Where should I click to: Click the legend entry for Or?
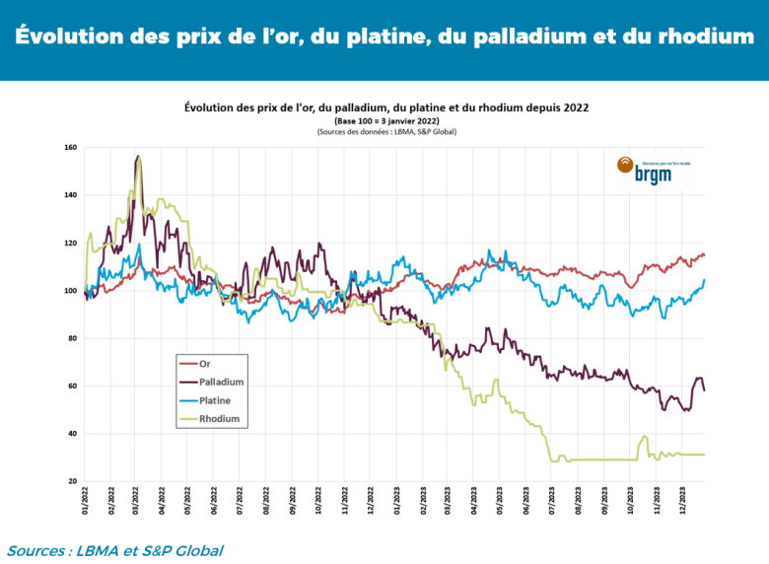coord(204,363)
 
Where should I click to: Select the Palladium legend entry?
coord(221,382)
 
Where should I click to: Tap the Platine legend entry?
coord(215,400)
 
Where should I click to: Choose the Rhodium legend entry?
coord(218,419)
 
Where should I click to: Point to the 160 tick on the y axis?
coord(70,148)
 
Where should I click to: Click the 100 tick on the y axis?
coord(70,291)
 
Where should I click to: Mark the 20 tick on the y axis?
coord(72,481)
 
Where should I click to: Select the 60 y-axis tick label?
coord(72,387)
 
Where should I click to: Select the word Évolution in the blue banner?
coord(67,37)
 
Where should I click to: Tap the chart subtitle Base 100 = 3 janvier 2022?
coord(386,120)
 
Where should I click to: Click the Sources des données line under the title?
coord(386,131)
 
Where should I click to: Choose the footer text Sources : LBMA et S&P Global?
coord(114,550)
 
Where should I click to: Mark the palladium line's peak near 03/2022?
coord(138,156)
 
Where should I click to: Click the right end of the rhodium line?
coord(704,455)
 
